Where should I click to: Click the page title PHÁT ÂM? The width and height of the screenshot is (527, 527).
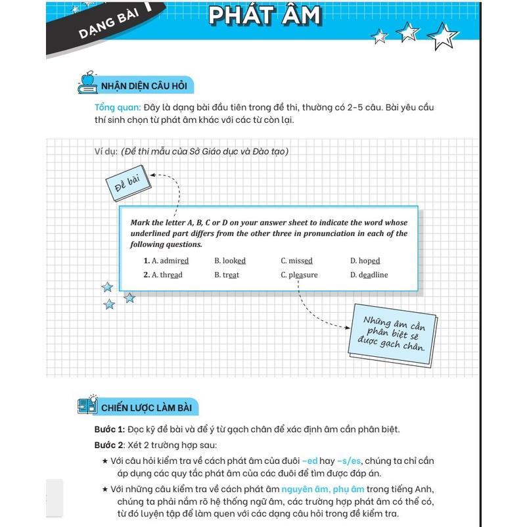pos(265,15)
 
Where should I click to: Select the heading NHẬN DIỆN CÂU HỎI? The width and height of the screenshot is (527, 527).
pos(144,86)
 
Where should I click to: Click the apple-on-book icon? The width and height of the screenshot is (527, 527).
pos(87,81)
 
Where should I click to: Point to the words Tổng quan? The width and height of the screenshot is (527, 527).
pos(118,107)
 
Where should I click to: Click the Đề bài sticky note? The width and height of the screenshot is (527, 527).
pos(127,185)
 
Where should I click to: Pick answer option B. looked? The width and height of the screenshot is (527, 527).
pos(229,261)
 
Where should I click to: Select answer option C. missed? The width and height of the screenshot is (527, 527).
pos(296,261)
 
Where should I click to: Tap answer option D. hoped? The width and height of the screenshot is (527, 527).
pos(365,261)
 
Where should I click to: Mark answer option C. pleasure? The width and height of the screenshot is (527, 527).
pos(299,275)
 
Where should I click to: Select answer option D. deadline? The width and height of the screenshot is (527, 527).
pos(369,275)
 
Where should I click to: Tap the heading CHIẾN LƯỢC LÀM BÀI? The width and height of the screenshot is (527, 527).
pos(146,407)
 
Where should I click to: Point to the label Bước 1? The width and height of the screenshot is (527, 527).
pos(109,430)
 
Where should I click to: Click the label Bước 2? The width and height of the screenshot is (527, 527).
pos(108,445)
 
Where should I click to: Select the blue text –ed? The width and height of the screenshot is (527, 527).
pos(309,461)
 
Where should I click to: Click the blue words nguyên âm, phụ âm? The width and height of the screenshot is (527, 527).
pos(323,489)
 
